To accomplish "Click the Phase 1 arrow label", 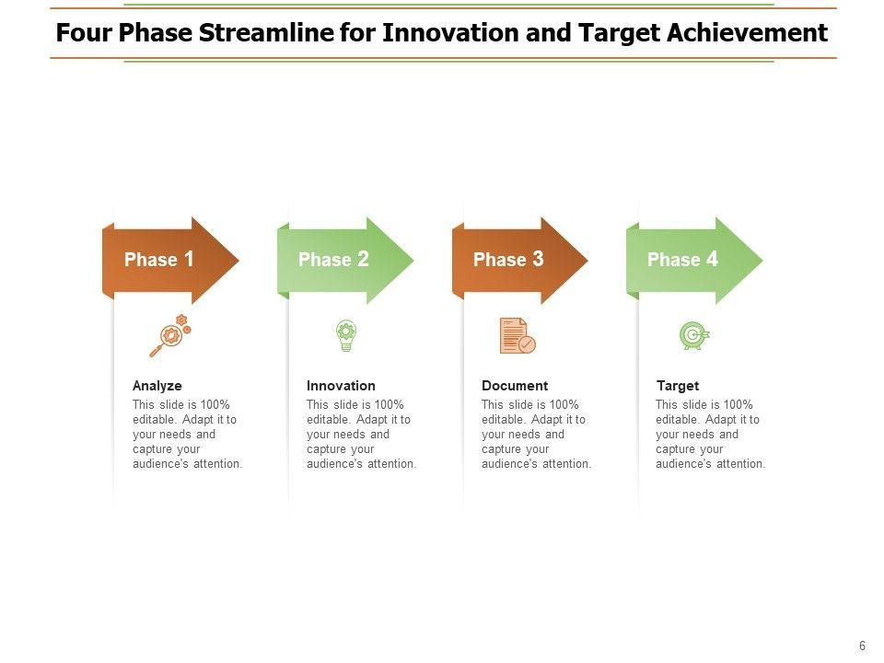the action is click(x=159, y=260).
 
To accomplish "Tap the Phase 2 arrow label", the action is click(x=333, y=260).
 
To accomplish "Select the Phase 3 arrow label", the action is click(x=508, y=260).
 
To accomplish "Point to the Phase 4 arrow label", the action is click(x=682, y=260).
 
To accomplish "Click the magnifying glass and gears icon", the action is click(x=170, y=335).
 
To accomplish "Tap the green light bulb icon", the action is click(x=346, y=335).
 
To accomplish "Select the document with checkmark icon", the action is click(x=518, y=335).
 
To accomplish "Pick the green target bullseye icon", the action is click(x=694, y=335).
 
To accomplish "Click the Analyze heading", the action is click(x=157, y=386).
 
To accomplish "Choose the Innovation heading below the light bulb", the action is click(x=341, y=386).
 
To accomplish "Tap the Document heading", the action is click(x=515, y=386).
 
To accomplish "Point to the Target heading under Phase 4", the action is click(x=678, y=386).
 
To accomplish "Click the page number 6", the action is click(x=862, y=646).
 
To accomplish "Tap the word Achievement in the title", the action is click(x=748, y=33).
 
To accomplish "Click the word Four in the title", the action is click(x=84, y=33).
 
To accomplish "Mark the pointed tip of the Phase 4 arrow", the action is click(x=762, y=260).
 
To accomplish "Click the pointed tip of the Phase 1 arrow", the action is click(x=239, y=260).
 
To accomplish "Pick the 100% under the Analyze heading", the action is click(x=215, y=405).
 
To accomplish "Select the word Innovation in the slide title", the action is click(x=450, y=33).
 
